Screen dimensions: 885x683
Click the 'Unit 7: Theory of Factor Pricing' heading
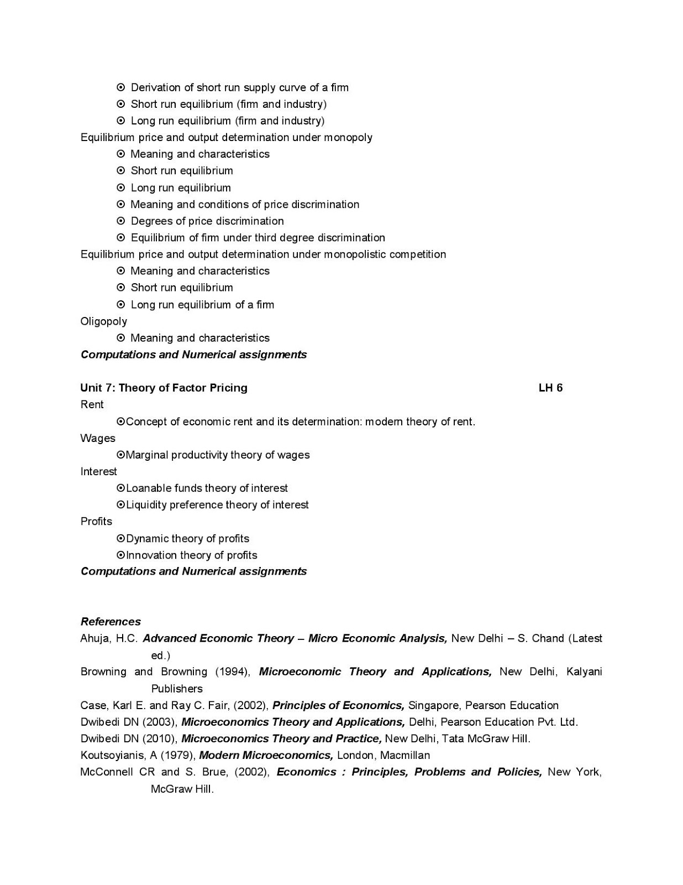(164, 388)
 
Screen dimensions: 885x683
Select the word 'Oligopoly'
(103, 321)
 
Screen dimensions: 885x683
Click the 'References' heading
(111, 621)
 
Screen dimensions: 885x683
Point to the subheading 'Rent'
(92, 404)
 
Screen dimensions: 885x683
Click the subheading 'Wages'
(98, 438)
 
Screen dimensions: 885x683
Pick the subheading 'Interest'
(98, 471)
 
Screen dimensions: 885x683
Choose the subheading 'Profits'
(96, 521)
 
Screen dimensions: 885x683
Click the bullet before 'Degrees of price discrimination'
(121, 221)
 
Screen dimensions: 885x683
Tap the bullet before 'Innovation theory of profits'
(121, 555)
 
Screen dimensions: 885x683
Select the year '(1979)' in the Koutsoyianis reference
(178, 755)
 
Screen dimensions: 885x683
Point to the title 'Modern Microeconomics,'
(266, 755)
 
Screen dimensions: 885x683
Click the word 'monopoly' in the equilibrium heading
(348, 137)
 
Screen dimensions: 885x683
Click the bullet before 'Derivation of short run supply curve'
(121, 87)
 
